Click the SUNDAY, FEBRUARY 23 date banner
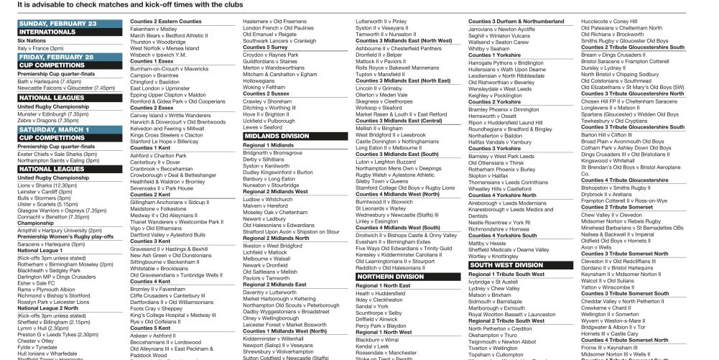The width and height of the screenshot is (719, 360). (57, 23)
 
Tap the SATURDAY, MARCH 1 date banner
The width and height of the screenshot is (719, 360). (55, 129)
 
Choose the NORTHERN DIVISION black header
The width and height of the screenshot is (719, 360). (390, 276)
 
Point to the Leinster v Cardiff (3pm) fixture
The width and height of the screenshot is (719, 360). (47, 190)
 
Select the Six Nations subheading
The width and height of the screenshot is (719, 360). (31, 42)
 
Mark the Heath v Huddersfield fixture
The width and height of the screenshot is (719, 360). (386, 293)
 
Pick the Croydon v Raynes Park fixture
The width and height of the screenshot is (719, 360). (271, 55)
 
